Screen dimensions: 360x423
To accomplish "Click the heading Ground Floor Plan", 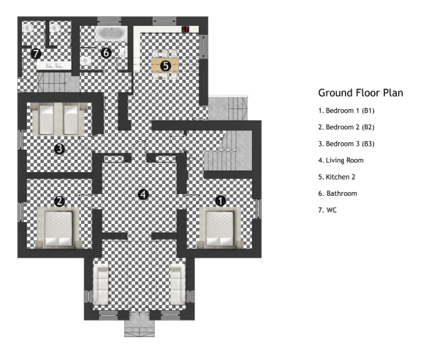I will (360, 93).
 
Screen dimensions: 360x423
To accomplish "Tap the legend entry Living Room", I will (341, 160).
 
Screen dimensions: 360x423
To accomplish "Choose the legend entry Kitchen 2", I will (338, 177).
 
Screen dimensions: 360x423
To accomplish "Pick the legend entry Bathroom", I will (337, 193).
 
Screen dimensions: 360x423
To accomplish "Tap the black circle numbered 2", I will (59, 201).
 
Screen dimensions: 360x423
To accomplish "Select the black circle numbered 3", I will (59, 149).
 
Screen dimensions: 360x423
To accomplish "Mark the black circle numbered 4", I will (143, 195).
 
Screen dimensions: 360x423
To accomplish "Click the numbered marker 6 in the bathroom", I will (106, 53).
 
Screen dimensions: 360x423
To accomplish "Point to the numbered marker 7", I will (36, 54).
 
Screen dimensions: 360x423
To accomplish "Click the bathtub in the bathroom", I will (112, 33).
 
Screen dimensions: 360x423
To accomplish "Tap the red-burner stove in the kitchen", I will (186, 29).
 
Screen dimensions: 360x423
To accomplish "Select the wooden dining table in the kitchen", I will (165, 65).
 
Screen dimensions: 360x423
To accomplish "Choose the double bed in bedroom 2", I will (56, 229).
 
